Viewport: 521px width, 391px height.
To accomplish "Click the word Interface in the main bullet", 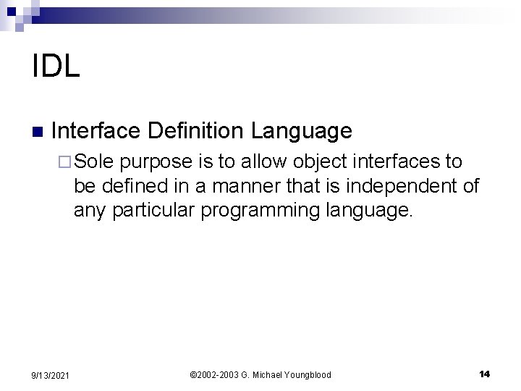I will pos(96,130).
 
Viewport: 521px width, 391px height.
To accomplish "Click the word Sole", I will pos(94,160).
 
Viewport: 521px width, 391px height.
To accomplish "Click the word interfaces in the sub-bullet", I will pos(397,160).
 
